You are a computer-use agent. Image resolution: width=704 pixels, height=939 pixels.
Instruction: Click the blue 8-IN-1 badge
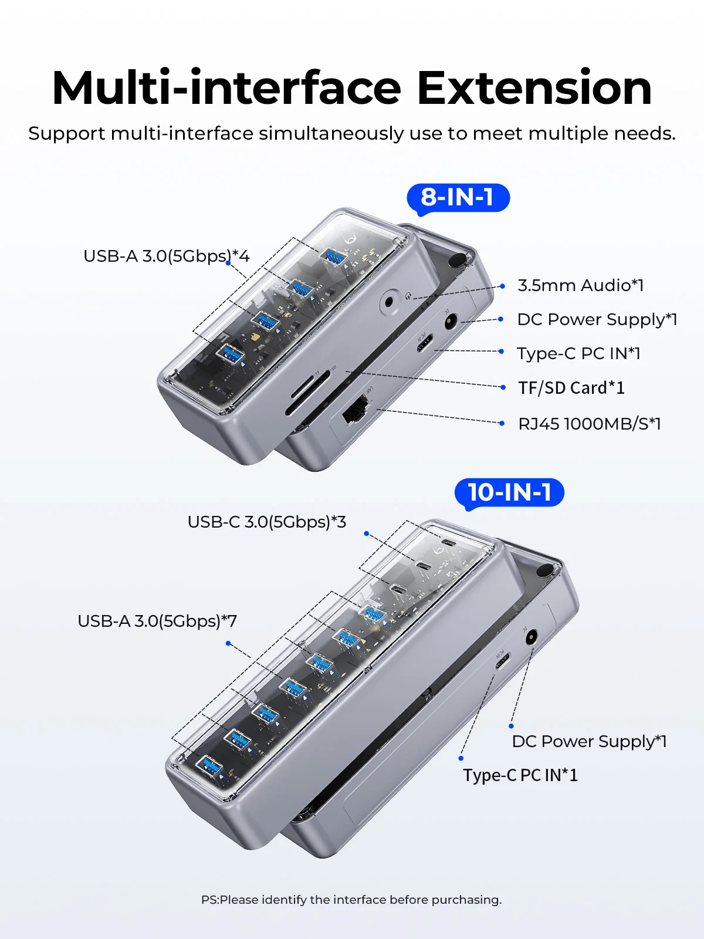[458, 198]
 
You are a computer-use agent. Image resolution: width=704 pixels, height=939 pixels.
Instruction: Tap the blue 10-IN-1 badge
[509, 493]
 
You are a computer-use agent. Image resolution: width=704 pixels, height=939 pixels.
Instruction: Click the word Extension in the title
[534, 89]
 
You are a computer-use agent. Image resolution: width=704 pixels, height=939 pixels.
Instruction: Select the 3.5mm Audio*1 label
[580, 285]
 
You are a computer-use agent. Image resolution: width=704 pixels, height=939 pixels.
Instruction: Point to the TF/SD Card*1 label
[571, 387]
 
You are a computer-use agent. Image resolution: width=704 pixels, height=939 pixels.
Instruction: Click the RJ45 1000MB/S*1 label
[590, 424]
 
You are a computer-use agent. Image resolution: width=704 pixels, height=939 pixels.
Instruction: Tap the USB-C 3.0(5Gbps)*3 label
[267, 522]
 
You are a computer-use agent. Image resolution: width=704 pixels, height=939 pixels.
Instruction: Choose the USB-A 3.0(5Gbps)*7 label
[157, 621]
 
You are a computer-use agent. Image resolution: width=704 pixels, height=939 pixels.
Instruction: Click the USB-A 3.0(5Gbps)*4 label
[166, 256]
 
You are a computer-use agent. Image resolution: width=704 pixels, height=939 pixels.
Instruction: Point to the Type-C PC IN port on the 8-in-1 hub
[425, 343]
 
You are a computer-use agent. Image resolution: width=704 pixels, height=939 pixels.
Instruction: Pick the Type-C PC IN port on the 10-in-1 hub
[502, 661]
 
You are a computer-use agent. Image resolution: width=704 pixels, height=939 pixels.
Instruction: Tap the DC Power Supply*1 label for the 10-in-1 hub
[589, 741]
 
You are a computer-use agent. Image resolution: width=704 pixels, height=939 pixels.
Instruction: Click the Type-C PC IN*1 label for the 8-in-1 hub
[579, 354]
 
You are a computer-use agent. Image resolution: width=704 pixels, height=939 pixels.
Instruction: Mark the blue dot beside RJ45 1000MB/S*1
[502, 424]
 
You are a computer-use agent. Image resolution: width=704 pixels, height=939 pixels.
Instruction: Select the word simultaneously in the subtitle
[331, 133]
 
